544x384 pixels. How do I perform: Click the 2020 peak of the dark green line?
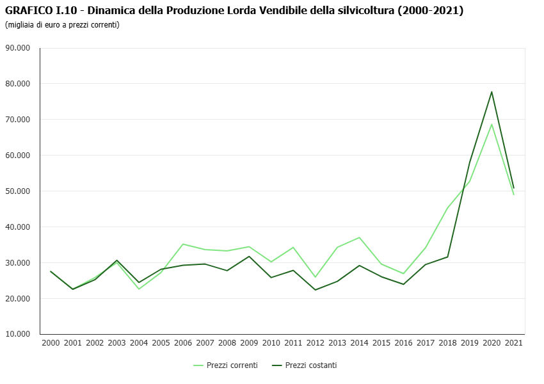[x=492, y=92]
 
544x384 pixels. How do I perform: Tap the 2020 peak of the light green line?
[x=492, y=124]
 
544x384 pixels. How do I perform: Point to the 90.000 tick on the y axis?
[x=18, y=48]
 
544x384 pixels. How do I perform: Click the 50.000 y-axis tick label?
[x=18, y=191]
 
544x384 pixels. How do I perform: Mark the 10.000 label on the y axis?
[x=18, y=334]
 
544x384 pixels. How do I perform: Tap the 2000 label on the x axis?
[x=51, y=343]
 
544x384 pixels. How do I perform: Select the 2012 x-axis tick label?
[x=315, y=343]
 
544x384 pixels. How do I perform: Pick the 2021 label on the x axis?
[x=513, y=343]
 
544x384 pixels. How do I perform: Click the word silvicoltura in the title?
[x=365, y=11]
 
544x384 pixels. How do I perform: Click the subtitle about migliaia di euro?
[x=62, y=25]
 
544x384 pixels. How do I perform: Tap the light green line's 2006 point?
[x=183, y=244]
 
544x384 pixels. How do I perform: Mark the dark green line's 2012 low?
[x=315, y=290]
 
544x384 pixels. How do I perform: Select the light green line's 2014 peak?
[x=359, y=237]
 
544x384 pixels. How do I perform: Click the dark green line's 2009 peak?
[x=249, y=256]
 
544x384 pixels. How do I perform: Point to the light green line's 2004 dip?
[x=139, y=289]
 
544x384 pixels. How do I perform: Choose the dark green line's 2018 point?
[x=447, y=257]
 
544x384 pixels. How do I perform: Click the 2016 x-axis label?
[x=403, y=343]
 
